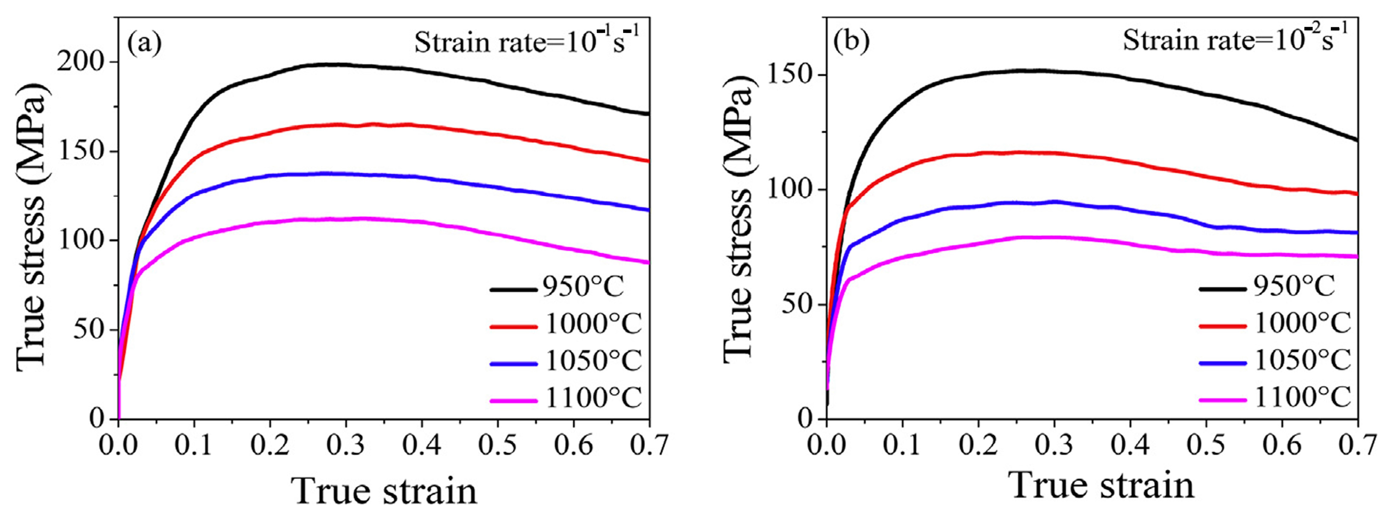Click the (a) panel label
pyautogui.click(x=144, y=44)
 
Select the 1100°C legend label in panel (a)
pyautogui.click(x=593, y=399)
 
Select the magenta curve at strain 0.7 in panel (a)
pyautogui.click(x=647, y=262)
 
